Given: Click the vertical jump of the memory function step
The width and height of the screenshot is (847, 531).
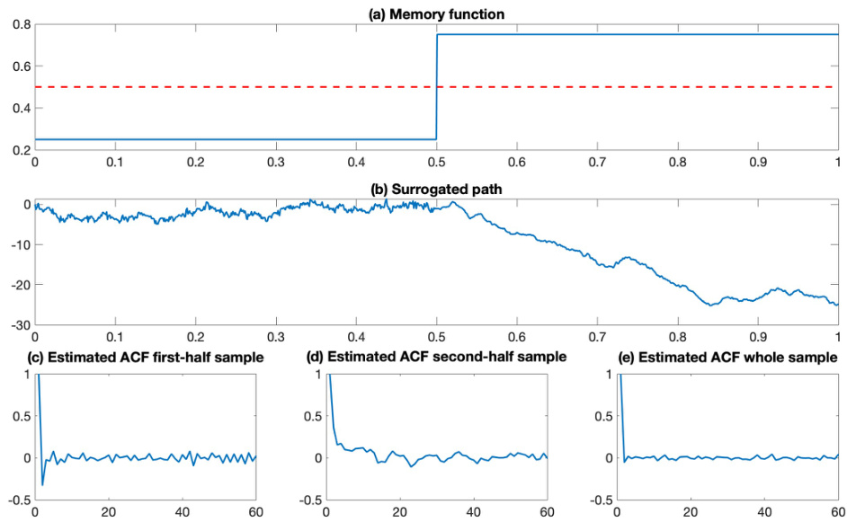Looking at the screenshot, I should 437,87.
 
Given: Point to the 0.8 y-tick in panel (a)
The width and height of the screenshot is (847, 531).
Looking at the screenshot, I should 18,25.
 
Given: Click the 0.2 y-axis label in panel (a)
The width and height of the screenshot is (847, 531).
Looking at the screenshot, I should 18,150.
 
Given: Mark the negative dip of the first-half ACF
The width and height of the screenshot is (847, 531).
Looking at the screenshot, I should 41,485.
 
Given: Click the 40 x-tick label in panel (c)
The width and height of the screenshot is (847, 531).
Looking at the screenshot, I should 183,515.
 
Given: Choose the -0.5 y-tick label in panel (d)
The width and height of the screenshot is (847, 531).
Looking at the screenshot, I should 308,500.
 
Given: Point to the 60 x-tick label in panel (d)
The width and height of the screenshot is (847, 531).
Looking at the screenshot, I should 547,515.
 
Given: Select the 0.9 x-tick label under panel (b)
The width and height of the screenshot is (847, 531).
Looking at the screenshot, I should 757,340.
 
